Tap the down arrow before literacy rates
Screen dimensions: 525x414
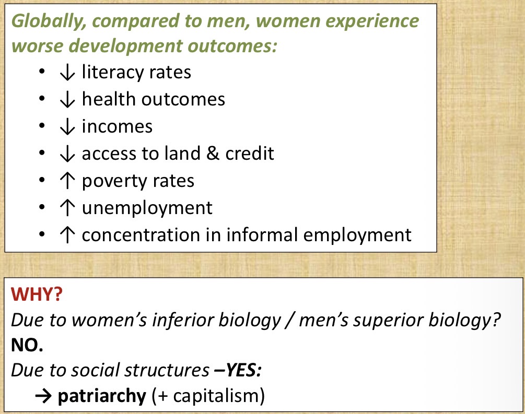[x=67, y=72]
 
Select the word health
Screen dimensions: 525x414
[x=109, y=99]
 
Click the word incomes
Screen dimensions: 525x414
[x=117, y=126]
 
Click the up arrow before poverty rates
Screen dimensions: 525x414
[x=67, y=181]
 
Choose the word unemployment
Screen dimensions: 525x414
[x=147, y=208]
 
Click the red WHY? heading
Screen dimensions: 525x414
[x=37, y=294]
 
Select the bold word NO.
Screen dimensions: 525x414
[x=27, y=345]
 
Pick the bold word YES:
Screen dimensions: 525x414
[x=243, y=370]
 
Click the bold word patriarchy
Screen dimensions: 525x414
[x=102, y=396]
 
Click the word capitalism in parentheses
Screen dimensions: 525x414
[x=216, y=396]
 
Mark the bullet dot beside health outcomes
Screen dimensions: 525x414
[x=42, y=99]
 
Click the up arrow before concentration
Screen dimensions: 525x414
[x=67, y=235]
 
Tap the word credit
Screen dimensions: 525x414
[x=250, y=153]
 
